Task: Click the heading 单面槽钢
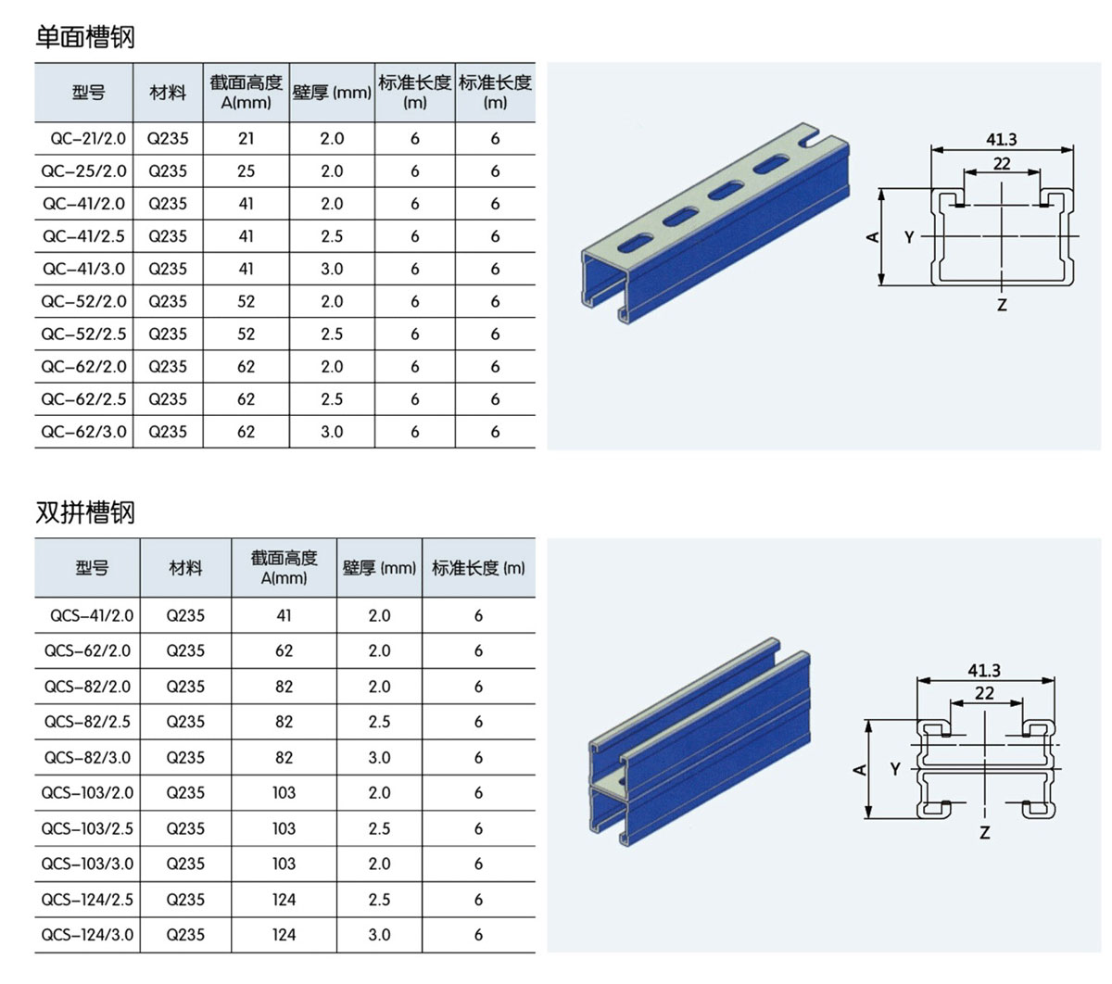[85, 37]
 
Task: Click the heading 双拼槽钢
[85, 512]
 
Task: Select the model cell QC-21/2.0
[83, 139]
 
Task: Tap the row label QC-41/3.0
[83, 269]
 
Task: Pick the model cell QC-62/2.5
[83, 399]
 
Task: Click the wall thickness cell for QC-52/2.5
[332, 334]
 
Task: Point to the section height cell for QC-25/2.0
[246, 171]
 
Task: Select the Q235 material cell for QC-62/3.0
[168, 432]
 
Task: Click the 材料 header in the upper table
[168, 93]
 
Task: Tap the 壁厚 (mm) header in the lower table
[379, 568]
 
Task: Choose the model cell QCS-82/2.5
[88, 722]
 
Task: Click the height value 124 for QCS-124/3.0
[284, 935]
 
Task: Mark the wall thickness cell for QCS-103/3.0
[379, 864]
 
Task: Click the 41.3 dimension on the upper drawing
[1001, 139]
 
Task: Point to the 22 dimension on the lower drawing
[984, 693]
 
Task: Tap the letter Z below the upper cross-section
[1002, 304]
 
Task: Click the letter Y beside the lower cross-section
[895, 769]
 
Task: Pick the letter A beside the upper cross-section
[872, 237]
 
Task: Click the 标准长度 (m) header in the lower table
[478, 568]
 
